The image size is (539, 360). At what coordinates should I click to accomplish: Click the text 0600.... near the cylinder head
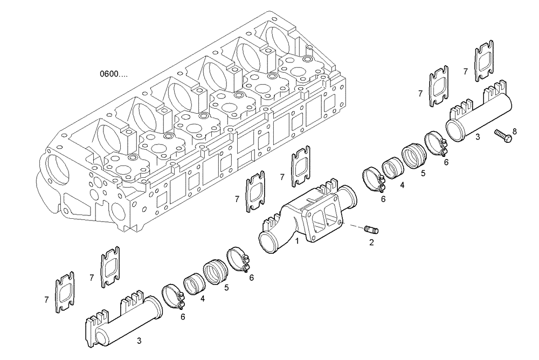click(x=113, y=73)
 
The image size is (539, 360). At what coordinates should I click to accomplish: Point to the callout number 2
click(x=371, y=243)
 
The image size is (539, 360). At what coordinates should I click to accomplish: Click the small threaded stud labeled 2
click(x=371, y=230)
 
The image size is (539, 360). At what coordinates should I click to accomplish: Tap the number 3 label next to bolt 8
click(x=477, y=137)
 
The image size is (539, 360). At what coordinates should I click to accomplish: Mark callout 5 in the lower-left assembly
click(x=226, y=287)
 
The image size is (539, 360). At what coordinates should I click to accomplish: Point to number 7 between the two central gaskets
click(x=282, y=177)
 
